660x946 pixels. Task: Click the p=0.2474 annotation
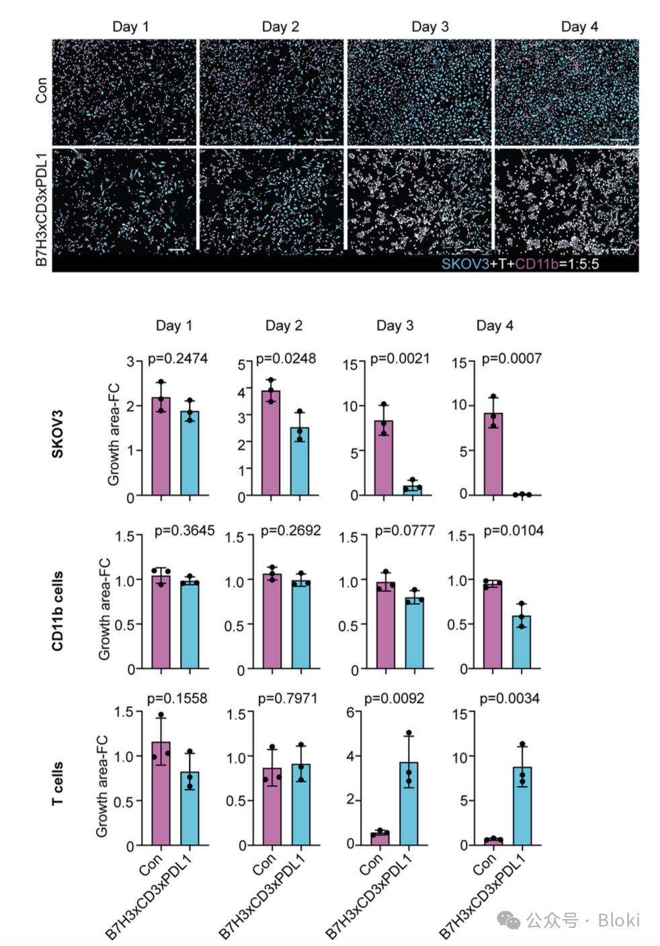coord(177,359)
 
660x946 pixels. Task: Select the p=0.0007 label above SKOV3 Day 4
coord(511,359)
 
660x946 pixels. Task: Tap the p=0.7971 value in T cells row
coord(288,699)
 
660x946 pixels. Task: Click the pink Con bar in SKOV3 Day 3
coord(384,458)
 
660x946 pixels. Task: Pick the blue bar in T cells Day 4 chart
coord(522,806)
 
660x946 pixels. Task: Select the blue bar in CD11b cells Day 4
coord(522,642)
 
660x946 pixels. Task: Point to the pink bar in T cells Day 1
coord(161,793)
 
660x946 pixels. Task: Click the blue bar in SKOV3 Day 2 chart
coord(300,461)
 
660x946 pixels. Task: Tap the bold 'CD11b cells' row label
coord(58,611)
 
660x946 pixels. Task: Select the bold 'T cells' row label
coord(58,783)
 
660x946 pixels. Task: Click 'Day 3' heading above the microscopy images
coord(429,27)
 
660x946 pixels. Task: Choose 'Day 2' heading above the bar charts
coord(284,326)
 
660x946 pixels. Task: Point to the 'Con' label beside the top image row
coord(42,90)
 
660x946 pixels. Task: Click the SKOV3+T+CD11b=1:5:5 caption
coord(520,264)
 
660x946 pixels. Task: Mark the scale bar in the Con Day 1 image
coord(177,140)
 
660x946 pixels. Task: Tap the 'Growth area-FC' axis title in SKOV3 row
coord(114,434)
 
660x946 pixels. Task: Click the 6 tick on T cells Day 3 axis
coord(350,712)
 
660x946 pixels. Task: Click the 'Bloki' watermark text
coord(618,920)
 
